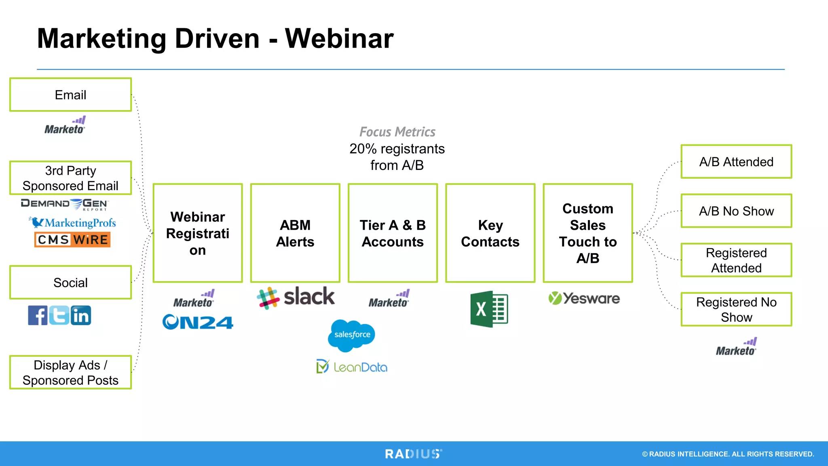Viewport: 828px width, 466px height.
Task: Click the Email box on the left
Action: (x=70, y=95)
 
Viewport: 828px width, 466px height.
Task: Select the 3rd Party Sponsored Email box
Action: (x=70, y=178)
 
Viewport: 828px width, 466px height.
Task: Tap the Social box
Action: (x=70, y=282)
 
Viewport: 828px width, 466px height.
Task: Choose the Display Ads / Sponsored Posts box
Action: (x=70, y=373)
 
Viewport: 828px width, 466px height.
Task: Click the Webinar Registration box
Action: (x=198, y=233)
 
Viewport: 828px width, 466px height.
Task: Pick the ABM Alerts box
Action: (x=295, y=233)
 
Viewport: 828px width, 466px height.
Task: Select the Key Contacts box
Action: (x=490, y=233)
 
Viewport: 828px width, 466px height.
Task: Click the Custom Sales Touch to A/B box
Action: (x=588, y=233)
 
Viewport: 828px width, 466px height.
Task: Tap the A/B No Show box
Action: (x=736, y=211)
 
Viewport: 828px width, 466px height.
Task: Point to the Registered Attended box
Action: (x=736, y=260)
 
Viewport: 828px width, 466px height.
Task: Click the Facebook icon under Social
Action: (x=38, y=316)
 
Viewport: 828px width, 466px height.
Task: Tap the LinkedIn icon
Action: (x=81, y=316)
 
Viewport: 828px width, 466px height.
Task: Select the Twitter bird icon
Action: (x=59, y=316)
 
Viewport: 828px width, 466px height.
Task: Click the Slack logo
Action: (x=296, y=297)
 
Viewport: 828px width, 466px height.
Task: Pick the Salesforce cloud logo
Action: (x=352, y=335)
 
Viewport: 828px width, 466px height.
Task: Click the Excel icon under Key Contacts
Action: (x=489, y=309)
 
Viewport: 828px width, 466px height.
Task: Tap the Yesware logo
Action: (x=584, y=299)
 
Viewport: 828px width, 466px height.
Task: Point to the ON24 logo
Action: (x=198, y=322)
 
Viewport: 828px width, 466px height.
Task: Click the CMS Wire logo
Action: (x=72, y=239)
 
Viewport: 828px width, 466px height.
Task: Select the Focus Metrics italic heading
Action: (x=397, y=132)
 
